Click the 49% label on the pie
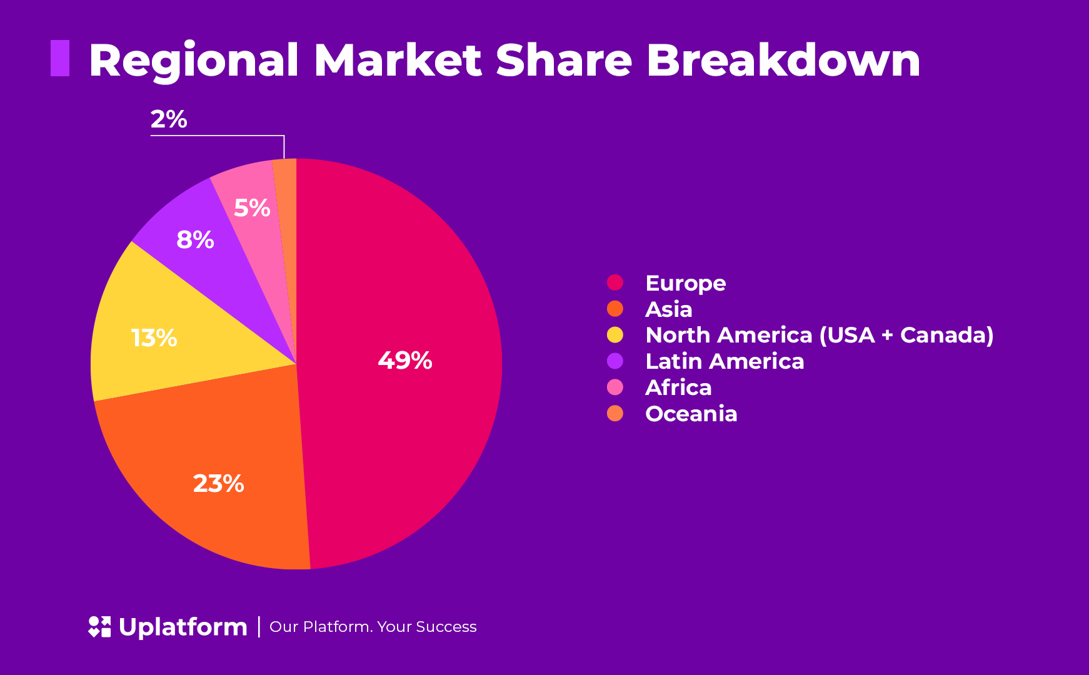click(405, 361)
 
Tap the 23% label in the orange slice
click(218, 484)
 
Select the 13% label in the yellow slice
click(154, 338)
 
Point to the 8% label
click(195, 240)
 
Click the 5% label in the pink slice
click(252, 208)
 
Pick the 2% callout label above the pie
click(169, 119)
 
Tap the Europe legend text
click(685, 283)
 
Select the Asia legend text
click(668, 309)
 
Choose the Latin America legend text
click(724, 361)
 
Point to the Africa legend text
click(678, 387)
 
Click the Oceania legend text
click(691, 414)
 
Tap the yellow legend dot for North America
click(615, 335)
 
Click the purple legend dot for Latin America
click(615, 361)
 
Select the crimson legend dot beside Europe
click(615, 282)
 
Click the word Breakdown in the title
click(783, 61)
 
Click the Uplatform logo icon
click(99, 627)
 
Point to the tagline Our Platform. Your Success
click(373, 627)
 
